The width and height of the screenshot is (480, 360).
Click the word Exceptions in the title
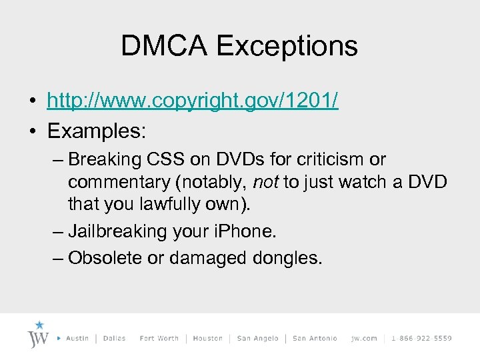click(x=287, y=46)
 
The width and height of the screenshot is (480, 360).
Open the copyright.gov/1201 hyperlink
click(x=193, y=101)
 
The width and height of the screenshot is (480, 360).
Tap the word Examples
click(x=96, y=131)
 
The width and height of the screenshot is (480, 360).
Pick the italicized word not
click(x=265, y=181)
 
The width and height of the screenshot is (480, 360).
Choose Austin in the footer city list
click(x=77, y=339)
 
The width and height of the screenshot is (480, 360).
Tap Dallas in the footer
click(x=115, y=339)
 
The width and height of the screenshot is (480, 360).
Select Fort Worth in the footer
click(x=159, y=339)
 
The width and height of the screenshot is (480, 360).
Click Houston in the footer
click(x=207, y=339)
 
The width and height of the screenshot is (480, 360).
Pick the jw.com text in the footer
click(x=364, y=339)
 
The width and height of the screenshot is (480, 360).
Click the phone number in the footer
click(x=421, y=339)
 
